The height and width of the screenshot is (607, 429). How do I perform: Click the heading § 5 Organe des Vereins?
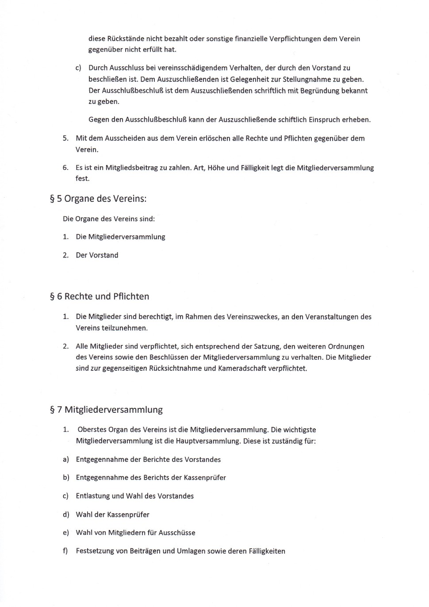(x=98, y=199)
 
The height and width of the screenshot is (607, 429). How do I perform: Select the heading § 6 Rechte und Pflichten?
(x=100, y=296)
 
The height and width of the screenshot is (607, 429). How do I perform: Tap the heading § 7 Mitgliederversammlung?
(x=106, y=410)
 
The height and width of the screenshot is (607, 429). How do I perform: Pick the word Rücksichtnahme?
(x=175, y=369)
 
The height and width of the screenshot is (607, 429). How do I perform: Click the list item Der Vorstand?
(x=97, y=255)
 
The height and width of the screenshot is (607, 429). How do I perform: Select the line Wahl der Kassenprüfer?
(x=112, y=515)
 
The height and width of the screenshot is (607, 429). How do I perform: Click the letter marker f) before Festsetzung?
(x=65, y=551)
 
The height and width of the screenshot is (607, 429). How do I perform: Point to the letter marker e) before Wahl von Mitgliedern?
(x=66, y=533)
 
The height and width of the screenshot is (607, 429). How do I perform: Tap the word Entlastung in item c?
(x=93, y=496)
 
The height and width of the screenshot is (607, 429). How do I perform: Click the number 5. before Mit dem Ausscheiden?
(x=65, y=138)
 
